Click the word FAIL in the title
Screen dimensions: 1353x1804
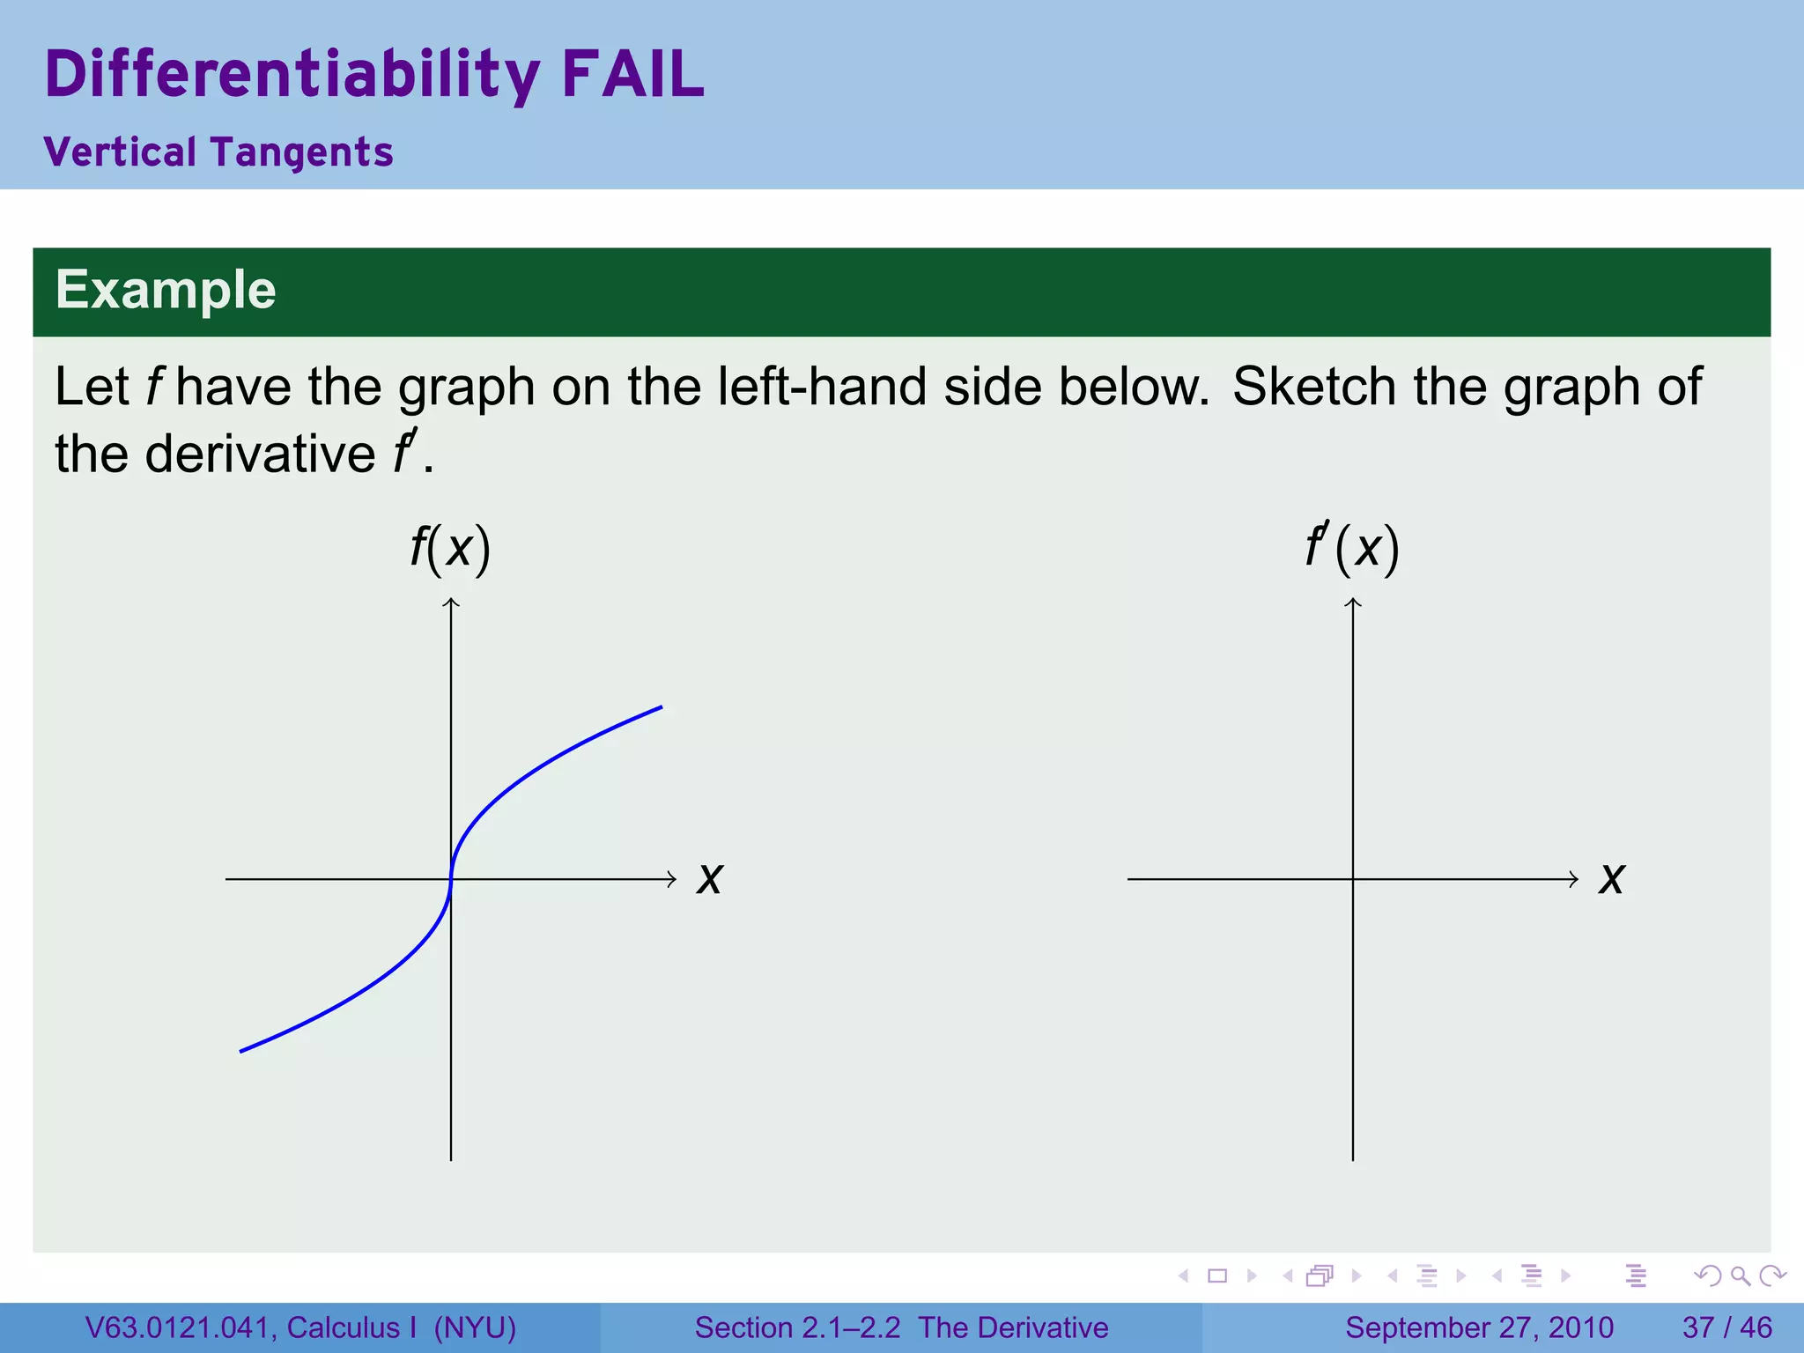pyautogui.click(x=632, y=74)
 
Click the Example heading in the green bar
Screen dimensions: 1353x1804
pyautogui.click(x=166, y=290)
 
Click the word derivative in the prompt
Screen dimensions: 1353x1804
pyautogui.click(x=260, y=455)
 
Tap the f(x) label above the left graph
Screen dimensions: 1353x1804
pyautogui.click(x=450, y=549)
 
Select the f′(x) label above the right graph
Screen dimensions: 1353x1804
pyautogui.click(x=1352, y=549)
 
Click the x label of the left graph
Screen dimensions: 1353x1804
pyautogui.click(x=709, y=879)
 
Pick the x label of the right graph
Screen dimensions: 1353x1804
pyautogui.click(x=1611, y=879)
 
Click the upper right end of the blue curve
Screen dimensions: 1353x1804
pyautogui.click(x=661, y=707)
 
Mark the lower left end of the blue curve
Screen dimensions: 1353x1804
pyautogui.click(x=241, y=1050)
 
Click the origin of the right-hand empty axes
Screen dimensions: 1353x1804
pyautogui.click(x=1353, y=879)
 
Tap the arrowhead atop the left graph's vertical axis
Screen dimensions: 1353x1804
pyautogui.click(x=451, y=602)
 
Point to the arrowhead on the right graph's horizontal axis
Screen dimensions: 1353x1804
pyautogui.click(x=1574, y=879)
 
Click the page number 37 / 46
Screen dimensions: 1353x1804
pyautogui.click(x=1726, y=1327)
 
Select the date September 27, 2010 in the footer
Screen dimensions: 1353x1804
pyautogui.click(x=1479, y=1327)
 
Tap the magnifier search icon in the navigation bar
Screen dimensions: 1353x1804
pyautogui.click(x=1740, y=1275)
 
